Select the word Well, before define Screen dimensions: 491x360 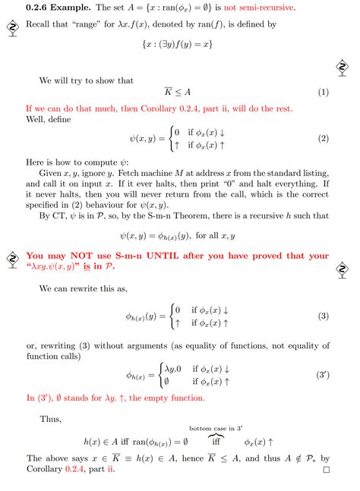pyautogui.click(x=37, y=119)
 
